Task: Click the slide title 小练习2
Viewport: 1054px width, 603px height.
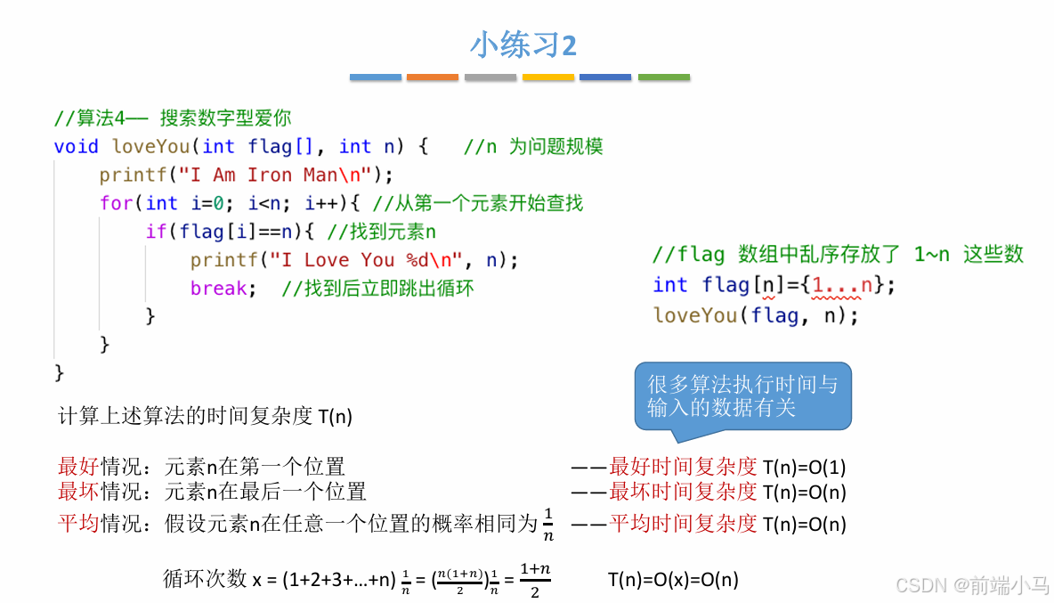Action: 523,45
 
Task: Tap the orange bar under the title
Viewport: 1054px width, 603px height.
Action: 433,77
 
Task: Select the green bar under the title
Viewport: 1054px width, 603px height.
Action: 664,77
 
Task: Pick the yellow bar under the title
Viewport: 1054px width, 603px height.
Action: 548,77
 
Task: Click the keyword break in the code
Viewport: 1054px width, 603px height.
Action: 219,288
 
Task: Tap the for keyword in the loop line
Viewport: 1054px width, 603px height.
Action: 115,203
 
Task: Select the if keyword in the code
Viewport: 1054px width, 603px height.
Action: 156,232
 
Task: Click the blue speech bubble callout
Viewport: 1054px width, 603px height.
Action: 742,396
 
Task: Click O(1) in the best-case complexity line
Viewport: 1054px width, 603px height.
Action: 827,467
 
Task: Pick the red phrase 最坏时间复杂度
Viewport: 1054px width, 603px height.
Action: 683,492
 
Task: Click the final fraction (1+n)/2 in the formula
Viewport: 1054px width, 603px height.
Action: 535,580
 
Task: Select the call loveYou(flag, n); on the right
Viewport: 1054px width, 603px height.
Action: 756,314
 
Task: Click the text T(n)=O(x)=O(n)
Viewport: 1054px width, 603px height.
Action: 673,580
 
